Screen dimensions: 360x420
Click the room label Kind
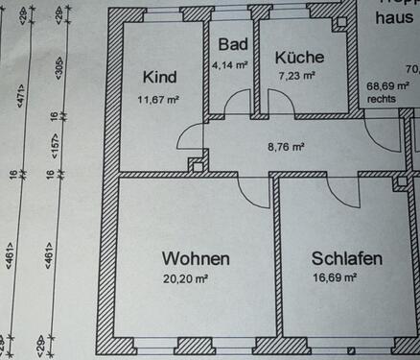click(x=159, y=77)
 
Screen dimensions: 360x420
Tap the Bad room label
click(x=233, y=44)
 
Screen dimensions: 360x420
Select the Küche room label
click(x=299, y=57)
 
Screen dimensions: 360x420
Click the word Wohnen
click(x=196, y=259)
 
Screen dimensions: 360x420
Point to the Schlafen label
click(x=347, y=259)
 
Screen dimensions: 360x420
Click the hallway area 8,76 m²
click(x=286, y=147)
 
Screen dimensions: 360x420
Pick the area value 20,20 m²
click(x=186, y=280)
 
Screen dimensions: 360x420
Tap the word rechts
click(x=382, y=98)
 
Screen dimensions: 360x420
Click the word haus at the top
click(x=395, y=19)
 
